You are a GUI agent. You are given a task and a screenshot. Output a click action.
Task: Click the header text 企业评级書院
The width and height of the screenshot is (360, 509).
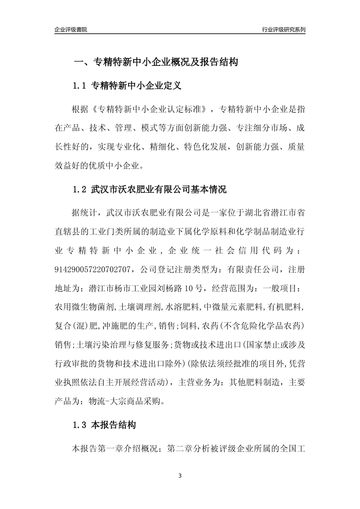tap(71, 30)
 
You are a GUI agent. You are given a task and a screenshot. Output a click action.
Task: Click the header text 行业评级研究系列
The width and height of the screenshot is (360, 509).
tap(283, 30)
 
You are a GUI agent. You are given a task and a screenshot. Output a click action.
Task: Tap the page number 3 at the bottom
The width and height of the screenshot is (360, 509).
tap(180, 475)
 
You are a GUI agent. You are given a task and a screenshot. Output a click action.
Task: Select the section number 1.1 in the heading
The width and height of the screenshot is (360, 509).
tap(80, 86)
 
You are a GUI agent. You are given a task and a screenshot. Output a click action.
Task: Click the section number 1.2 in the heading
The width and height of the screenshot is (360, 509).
tap(80, 189)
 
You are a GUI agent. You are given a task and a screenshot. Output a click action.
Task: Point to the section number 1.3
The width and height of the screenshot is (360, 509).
tap(80, 425)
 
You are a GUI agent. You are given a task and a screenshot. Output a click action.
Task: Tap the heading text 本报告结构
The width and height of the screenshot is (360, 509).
tap(114, 425)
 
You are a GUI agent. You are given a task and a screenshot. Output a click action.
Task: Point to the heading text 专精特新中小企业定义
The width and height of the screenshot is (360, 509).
tap(136, 86)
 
